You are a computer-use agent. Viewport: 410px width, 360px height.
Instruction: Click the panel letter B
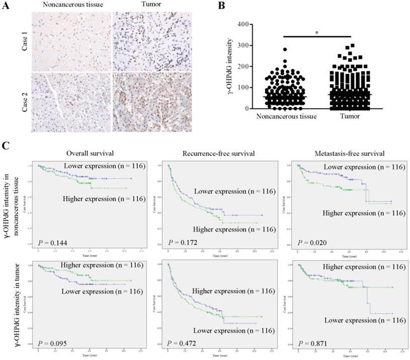click(222, 6)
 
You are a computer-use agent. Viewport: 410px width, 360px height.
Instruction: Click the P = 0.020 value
click(310, 243)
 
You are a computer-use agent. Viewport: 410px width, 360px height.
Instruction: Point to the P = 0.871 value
click(310, 343)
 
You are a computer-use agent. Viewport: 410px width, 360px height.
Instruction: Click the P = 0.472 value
click(182, 343)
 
